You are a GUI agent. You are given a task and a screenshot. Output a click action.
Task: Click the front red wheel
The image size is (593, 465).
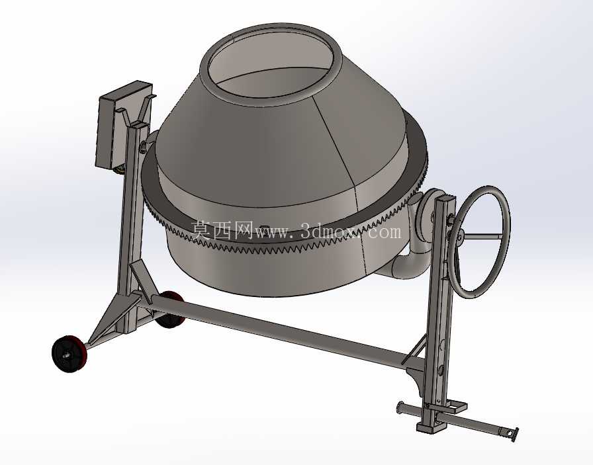[x=69, y=354]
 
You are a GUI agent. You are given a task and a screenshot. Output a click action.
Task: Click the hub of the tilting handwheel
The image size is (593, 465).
[x=460, y=237]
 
